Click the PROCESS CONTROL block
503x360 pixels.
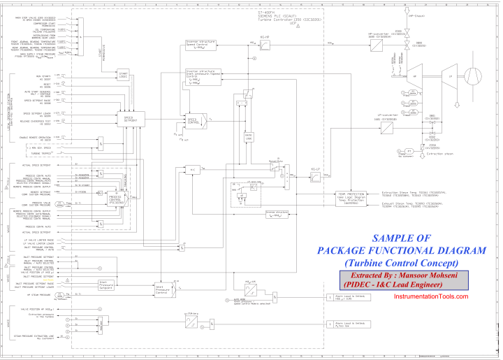[114, 199]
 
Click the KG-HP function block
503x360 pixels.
[265, 45]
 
